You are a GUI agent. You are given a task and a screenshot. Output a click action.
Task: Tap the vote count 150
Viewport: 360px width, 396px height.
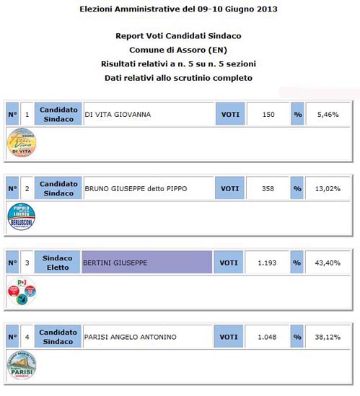point(268,114)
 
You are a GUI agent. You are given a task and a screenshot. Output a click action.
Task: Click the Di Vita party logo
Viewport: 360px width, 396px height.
point(21,142)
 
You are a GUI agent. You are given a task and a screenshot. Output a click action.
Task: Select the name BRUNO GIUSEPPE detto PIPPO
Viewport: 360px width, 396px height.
point(136,188)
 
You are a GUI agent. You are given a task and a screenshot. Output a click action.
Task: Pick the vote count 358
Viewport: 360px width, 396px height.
point(268,188)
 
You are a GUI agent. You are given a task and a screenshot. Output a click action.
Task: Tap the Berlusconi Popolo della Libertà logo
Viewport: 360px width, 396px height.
point(21,217)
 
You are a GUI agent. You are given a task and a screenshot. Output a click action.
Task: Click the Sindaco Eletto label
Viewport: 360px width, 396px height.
point(57,263)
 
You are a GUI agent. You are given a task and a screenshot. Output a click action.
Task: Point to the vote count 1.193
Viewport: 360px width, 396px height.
point(268,263)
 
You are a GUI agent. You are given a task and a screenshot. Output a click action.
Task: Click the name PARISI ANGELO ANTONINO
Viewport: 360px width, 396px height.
point(130,337)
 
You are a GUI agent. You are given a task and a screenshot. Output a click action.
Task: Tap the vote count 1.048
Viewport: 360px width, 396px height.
point(268,337)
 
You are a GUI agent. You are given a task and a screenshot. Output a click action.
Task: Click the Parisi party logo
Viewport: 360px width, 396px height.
point(21,366)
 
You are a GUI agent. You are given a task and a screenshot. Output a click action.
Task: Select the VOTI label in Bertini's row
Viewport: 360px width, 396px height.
point(229,263)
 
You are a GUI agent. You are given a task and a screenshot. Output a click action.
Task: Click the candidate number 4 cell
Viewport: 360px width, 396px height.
point(27,337)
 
